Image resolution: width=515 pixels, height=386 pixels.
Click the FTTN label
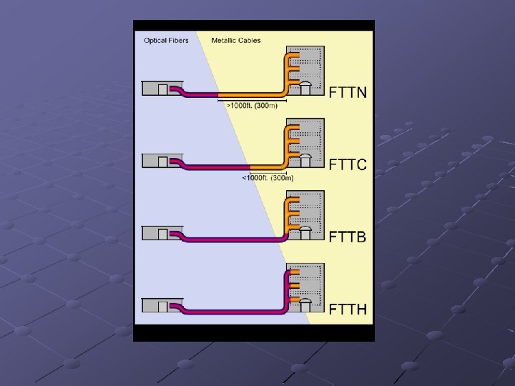[x=348, y=92]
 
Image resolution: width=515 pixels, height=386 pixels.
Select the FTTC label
[x=348, y=164]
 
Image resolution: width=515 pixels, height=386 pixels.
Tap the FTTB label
[x=348, y=237]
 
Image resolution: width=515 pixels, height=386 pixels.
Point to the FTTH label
[x=348, y=309]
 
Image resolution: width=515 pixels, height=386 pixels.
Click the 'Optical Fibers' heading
[x=166, y=41]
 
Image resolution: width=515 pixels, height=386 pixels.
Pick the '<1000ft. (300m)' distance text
[x=268, y=177]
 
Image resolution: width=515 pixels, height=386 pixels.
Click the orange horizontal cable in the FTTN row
[x=250, y=94]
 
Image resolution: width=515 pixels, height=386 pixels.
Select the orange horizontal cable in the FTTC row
[x=266, y=167]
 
